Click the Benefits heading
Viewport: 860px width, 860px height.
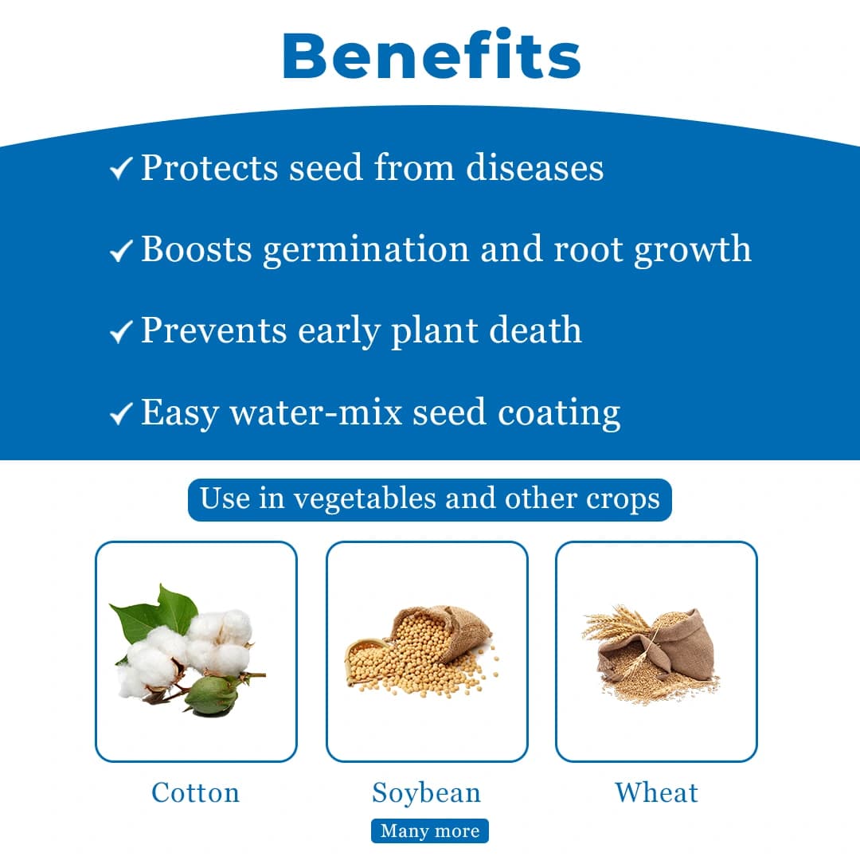[431, 55]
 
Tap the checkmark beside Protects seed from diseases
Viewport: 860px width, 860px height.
[120, 170]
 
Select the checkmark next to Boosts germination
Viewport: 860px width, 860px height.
[120, 252]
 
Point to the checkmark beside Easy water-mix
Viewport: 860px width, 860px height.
[120, 414]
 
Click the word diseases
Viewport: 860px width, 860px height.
[534, 167]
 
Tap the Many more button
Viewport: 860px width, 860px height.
[430, 831]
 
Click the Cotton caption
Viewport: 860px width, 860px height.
[195, 793]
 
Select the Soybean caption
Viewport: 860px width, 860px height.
[427, 793]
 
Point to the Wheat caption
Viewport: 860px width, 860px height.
[656, 793]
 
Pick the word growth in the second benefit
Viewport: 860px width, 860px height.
[692, 250]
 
